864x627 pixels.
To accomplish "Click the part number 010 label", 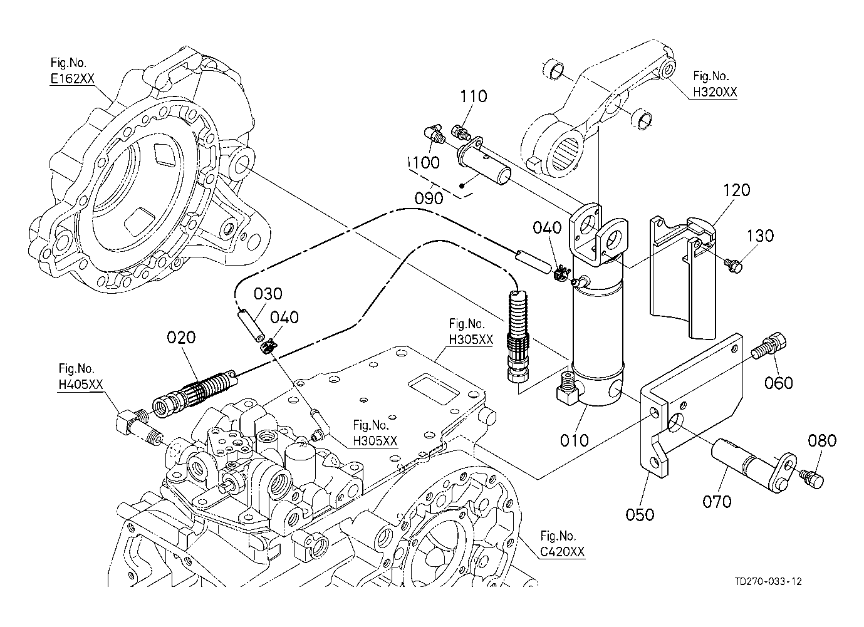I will tap(575, 440).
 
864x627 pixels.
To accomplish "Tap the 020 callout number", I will tap(181, 338).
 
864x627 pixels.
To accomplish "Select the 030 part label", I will tap(268, 294).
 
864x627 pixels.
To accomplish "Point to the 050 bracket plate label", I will tap(640, 514).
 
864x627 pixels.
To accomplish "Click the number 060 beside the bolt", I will tap(779, 383).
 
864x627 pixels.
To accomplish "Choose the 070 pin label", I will tap(717, 501).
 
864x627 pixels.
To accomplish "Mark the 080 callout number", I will tap(822, 441).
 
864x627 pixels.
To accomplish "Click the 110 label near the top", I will tap(474, 96).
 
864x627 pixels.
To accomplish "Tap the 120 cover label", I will tap(736, 190).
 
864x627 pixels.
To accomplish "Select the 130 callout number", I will tap(760, 236).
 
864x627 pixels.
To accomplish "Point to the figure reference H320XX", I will tap(715, 92).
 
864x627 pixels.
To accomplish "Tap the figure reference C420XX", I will tap(563, 552).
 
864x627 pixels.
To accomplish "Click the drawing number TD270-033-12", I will tap(768, 581).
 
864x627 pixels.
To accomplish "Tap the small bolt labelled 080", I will tap(813, 480).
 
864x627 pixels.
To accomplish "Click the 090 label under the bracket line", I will tap(429, 198).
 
